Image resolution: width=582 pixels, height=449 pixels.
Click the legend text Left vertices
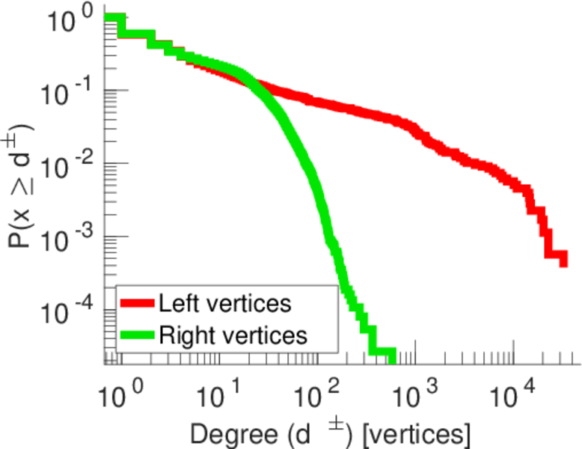pyautogui.click(x=225, y=304)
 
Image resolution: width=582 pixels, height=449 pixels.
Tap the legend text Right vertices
pyautogui.click(x=233, y=335)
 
